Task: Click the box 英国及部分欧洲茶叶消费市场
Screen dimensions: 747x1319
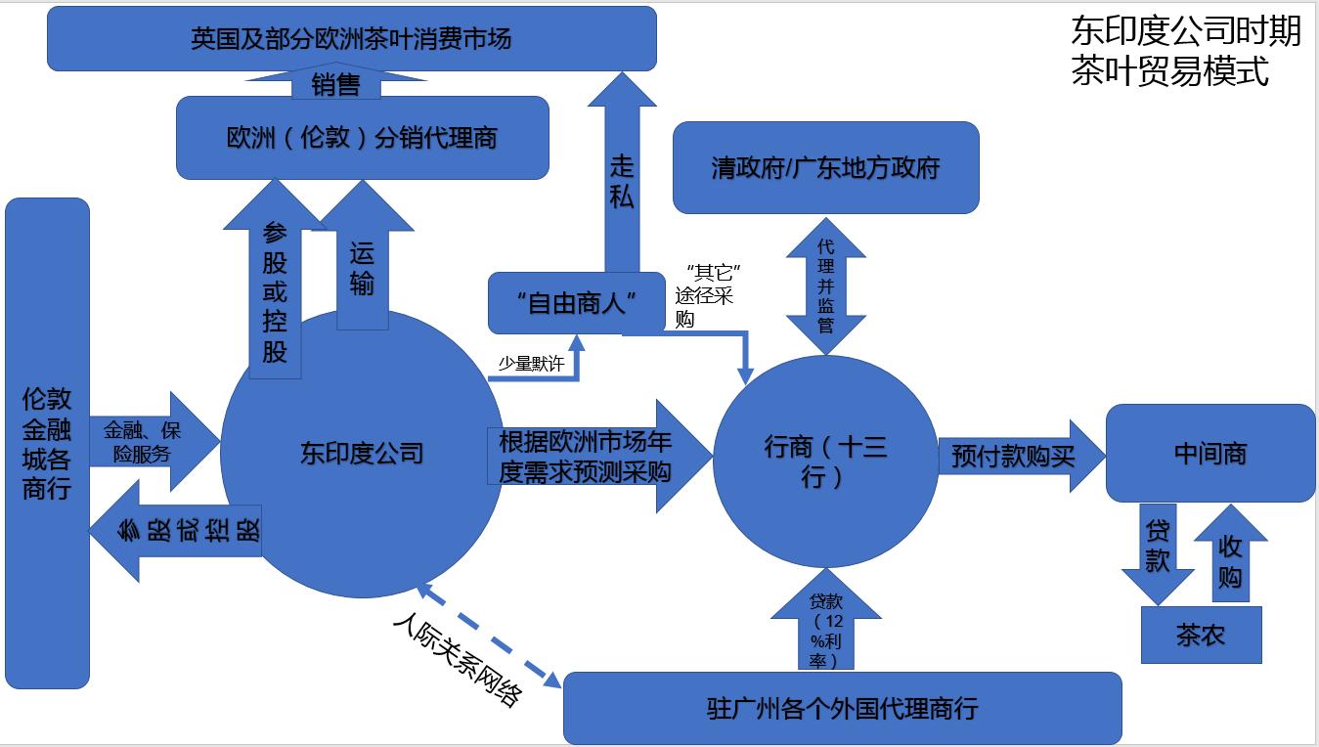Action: coord(351,40)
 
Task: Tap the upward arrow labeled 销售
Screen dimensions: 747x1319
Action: coord(335,85)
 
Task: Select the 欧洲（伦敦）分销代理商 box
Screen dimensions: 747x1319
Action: coord(362,138)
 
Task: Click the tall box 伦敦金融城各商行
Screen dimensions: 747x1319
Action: coord(47,442)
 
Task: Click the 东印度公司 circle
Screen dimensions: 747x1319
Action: coord(362,453)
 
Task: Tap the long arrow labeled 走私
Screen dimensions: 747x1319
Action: coord(622,181)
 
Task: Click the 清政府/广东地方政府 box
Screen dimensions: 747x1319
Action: coord(825,167)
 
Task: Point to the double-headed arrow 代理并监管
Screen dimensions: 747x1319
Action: coord(825,285)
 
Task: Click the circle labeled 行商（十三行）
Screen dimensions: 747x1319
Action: coord(825,461)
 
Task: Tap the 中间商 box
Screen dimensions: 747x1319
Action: coord(1209,454)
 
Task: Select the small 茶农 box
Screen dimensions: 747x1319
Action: coord(1201,636)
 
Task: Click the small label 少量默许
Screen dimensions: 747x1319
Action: coord(531,365)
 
